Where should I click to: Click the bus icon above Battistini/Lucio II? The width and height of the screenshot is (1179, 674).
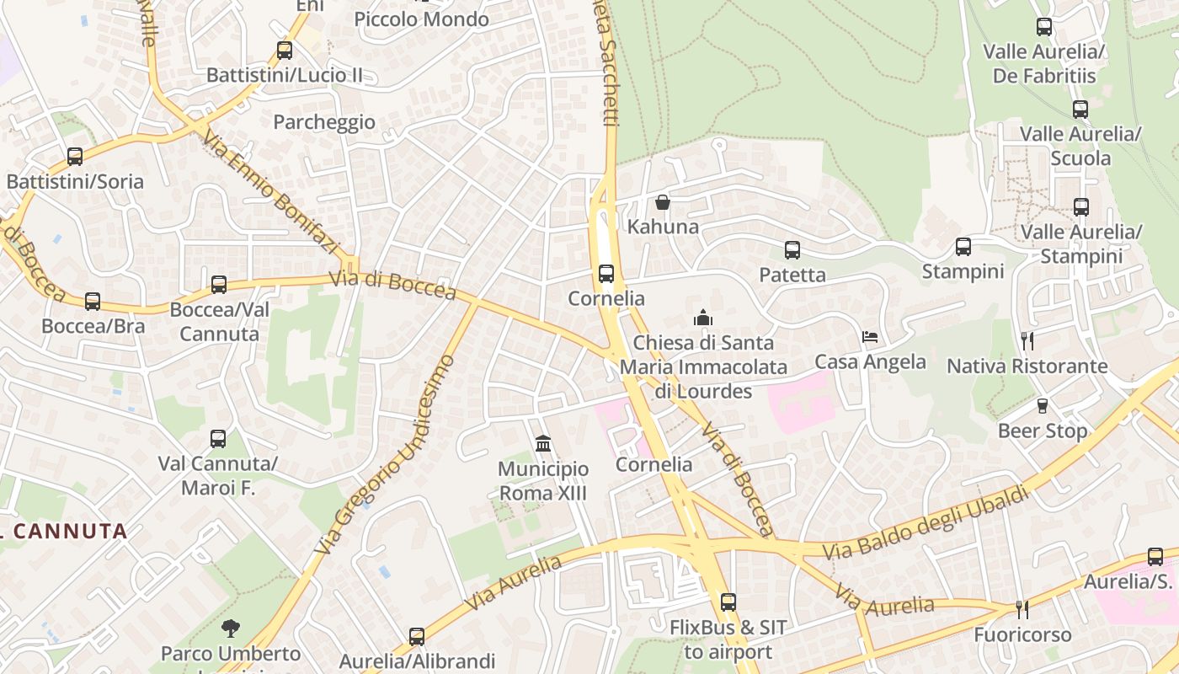point(285,51)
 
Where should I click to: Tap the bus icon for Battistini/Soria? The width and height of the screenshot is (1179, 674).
point(75,157)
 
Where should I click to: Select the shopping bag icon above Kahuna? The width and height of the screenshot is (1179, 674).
point(663,202)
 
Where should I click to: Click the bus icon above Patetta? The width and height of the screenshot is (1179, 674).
point(792,250)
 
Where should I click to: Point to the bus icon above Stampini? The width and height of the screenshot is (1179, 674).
point(963,247)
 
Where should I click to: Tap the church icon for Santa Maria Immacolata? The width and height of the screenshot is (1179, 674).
point(702,318)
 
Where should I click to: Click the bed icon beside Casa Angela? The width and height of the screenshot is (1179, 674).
point(870,337)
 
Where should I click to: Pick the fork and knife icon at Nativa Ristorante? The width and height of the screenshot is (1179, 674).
point(1027,341)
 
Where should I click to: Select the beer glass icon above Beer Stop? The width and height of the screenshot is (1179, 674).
point(1042,406)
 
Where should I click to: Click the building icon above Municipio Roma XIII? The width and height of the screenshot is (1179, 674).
point(543,443)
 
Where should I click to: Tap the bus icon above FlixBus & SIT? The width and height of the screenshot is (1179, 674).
point(728,602)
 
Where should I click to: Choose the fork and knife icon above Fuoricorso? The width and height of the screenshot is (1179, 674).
point(1022,609)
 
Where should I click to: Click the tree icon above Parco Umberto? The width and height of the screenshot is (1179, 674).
point(230,628)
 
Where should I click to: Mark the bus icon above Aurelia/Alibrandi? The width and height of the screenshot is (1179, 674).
point(417,636)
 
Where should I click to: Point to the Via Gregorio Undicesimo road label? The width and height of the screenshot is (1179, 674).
point(386,454)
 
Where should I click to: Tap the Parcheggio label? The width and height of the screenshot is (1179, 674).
point(324,122)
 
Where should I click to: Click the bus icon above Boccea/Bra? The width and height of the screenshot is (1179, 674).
point(93,301)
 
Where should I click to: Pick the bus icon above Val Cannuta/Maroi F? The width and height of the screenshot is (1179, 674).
point(218,439)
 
